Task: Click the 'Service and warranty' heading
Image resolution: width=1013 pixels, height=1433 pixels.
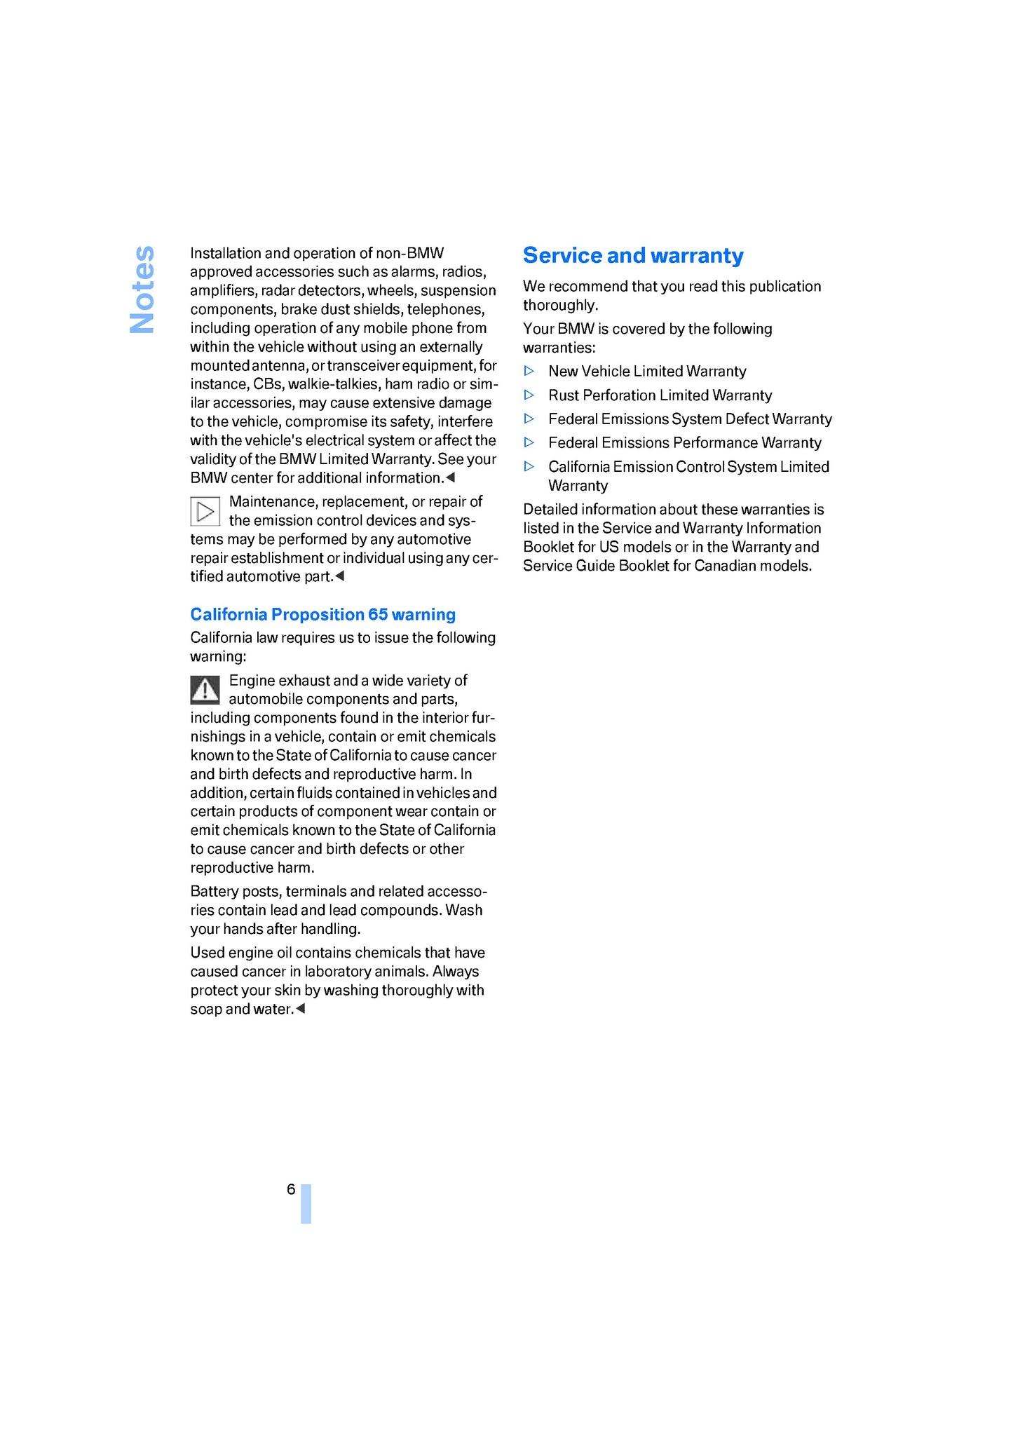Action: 633,256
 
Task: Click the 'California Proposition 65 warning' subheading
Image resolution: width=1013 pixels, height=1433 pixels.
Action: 322,615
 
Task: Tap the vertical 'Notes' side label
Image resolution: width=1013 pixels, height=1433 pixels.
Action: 142,289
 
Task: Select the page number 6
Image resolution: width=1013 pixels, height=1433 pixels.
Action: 291,1190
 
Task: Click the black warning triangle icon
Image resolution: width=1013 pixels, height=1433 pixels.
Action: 205,690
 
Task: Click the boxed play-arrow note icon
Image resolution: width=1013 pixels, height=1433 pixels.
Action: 205,511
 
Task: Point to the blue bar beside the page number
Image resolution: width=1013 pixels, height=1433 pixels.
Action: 306,1204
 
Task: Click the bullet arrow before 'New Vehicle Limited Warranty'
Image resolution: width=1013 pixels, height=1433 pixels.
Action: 530,371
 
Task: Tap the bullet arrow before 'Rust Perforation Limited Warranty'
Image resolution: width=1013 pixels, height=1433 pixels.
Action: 530,395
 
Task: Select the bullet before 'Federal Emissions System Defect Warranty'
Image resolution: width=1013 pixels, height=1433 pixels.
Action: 530,419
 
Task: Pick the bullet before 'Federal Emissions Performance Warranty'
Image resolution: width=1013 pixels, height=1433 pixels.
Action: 530,442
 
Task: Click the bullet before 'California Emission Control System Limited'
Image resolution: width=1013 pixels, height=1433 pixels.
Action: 530,466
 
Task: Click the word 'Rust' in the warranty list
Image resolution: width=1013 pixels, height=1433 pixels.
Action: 564,395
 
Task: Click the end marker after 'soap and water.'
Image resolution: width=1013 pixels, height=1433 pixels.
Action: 301,1009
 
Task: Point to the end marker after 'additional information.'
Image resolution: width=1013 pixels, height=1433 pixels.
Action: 451,477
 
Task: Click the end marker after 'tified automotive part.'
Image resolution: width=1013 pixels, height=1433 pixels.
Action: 340,576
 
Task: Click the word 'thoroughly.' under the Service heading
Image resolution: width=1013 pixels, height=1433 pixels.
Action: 560,306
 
